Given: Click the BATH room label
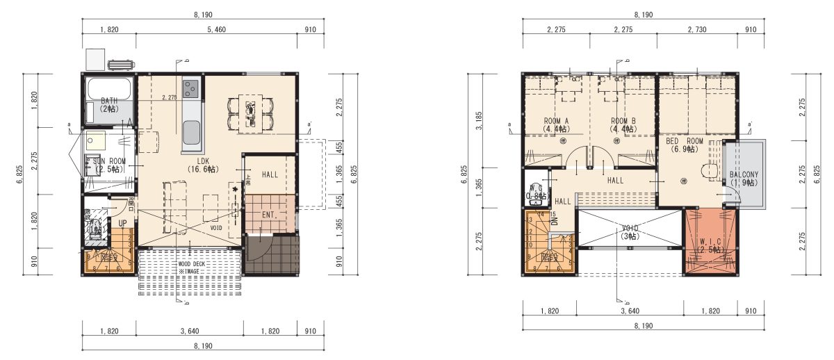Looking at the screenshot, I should (x=108, y=101).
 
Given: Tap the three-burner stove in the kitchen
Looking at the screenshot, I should (x=191, y=88).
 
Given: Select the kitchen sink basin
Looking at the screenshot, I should (x=191, y=129).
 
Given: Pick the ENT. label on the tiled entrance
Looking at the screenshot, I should (x=270, y=215).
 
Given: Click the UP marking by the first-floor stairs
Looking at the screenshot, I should (x=122, y=224).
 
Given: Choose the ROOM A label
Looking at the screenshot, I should (x=556, y=121).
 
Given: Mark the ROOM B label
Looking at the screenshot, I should (x=623, y=121).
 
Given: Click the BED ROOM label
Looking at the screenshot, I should (x=685, y=141).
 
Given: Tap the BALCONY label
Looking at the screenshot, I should (x=744, y=174).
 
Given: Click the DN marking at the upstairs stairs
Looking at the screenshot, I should (x=555, y=220).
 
